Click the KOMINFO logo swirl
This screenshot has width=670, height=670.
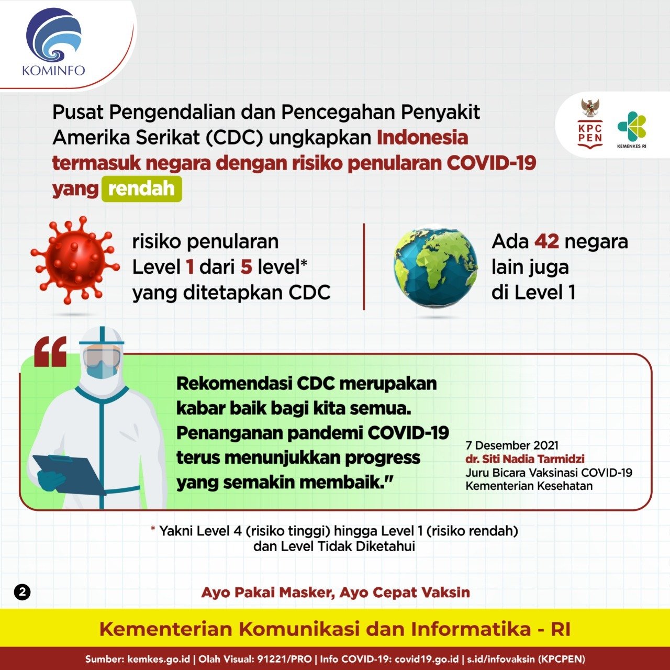[x=54, y=37]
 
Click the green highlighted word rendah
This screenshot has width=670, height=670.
[x=141, y=189]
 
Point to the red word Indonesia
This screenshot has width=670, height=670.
[x=422, y=138]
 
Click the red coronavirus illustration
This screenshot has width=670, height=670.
[x=74, y=260]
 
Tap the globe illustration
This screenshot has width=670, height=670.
[x=435, y=266]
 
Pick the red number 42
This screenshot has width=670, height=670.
[x=546, y=242]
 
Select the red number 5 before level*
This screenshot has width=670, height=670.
[x=247, y=267]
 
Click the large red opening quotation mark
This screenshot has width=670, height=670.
[x=50, y=352]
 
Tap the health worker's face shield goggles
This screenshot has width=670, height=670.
[x=102, y=358]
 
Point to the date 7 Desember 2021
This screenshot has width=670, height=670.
[x=512, y=445]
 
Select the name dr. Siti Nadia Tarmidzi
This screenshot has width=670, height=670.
[x=525, y=459]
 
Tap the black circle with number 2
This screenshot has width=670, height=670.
[x=23, y=593]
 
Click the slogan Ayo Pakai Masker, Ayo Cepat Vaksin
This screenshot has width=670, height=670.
[x=336, y=593]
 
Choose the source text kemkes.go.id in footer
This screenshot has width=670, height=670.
[x=159, y=659]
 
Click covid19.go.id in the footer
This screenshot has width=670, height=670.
[x=426, y=659]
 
